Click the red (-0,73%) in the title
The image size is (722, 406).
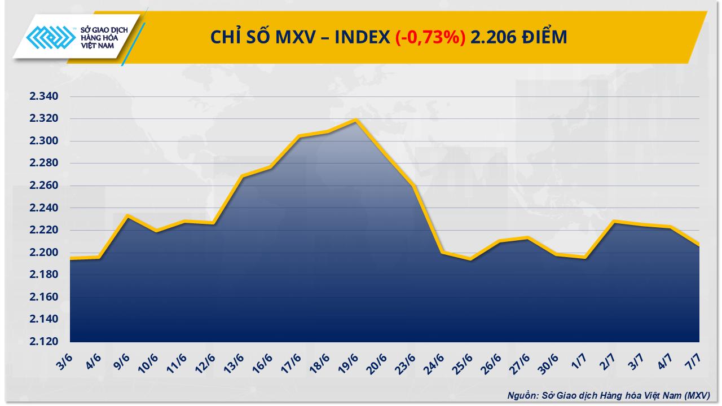tap(430, 37)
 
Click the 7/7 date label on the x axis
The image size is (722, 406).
tap(693, 360)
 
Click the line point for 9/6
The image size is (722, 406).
tap(128, 215)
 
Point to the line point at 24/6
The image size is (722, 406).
tap(442, 252)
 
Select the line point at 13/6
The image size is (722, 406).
tap(242, 176)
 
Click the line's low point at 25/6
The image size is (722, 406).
tap(470, 259)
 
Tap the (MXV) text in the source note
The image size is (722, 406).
tap(697, 395)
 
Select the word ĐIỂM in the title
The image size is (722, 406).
tap(544, 37)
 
